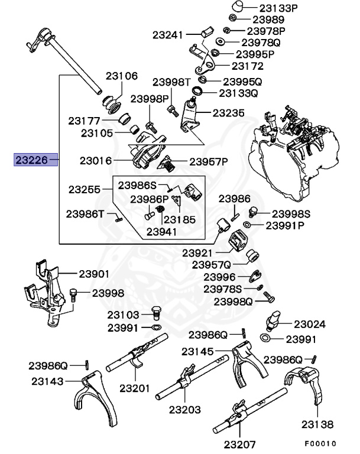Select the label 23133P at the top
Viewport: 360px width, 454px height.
[265, 8]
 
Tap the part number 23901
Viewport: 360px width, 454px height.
[95, 273]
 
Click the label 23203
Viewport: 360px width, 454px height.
[184, 409]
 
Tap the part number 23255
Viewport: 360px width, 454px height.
[85, 190]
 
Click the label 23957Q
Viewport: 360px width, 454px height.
[214, 264]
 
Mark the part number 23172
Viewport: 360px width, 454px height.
[248, 66]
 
